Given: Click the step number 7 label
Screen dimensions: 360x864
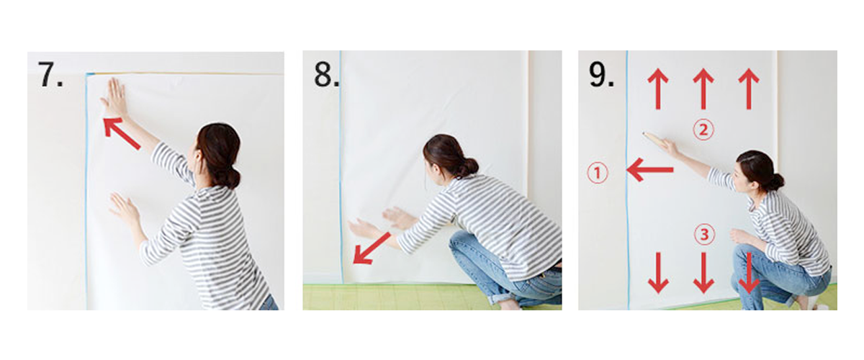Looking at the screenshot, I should pyautogui.click(x=50, y=74).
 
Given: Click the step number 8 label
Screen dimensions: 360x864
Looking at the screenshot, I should pyautogui.click(x=326, y=74).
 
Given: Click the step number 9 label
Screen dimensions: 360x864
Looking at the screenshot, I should pyautogui.click(x=602, y=74).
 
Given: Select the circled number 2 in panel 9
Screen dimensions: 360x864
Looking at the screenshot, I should pyautogui.click(x=703, y=130).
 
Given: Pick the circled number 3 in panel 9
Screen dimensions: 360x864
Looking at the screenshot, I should pyautogui.click(x=703, y=234).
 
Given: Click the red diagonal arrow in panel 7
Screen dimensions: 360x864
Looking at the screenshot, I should pyautogui.click(x=122, y=134).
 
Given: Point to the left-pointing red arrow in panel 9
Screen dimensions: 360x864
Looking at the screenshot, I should pyautogui.click(x=650, y=171).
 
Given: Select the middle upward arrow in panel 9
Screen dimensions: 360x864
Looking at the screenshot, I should pyautogui.click(x=703, y=89).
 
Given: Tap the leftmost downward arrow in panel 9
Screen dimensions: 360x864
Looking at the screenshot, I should pyautogui.click(x=657, y=272).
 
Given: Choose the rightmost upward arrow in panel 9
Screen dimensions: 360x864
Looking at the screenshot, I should pyautogui.click(x=749, y=89).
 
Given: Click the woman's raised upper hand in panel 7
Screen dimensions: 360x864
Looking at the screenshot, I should pyautogui.click(x=115, y=97).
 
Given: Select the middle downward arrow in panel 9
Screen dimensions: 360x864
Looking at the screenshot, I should pyautogui.click(x=703, y=272).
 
